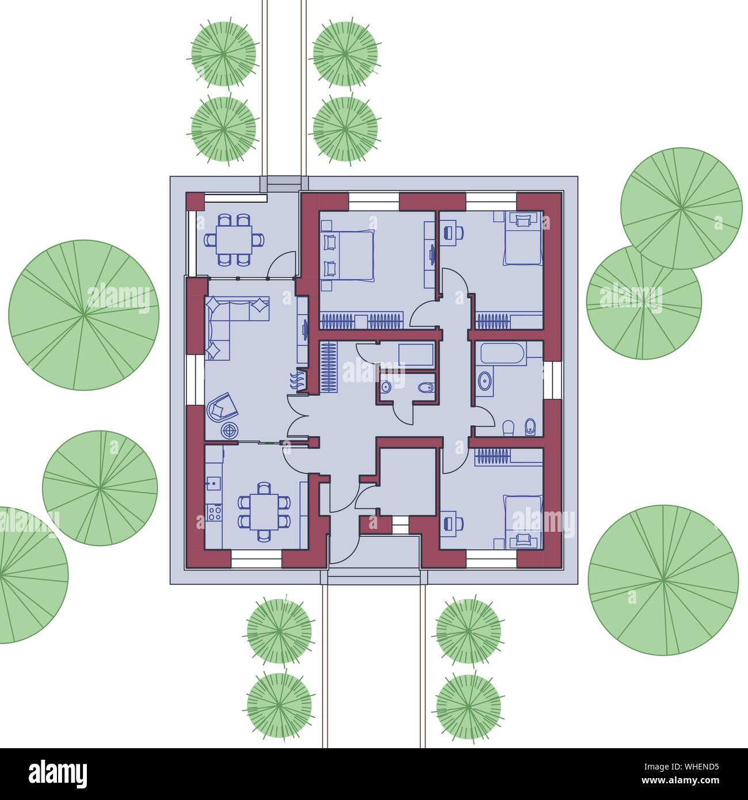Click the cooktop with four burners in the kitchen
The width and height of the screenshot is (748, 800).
tap(214, 512)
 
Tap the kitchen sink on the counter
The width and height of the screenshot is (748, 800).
tap(213, 483)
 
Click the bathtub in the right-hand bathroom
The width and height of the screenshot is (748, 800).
tap(503, 354)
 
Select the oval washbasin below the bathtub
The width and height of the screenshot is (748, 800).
tap(484, 381)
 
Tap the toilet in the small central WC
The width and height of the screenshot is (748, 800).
tap(426, 387)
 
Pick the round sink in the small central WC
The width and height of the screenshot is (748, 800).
tap(386, 387)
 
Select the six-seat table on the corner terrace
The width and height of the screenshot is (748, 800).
tap(234, 239)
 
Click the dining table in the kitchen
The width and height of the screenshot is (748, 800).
tap(264, 512)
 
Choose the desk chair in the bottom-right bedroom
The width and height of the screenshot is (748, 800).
tap(454, 524)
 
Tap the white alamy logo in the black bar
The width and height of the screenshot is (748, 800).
tap(58, 774)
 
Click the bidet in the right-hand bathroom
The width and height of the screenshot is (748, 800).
tap(530, 428)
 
